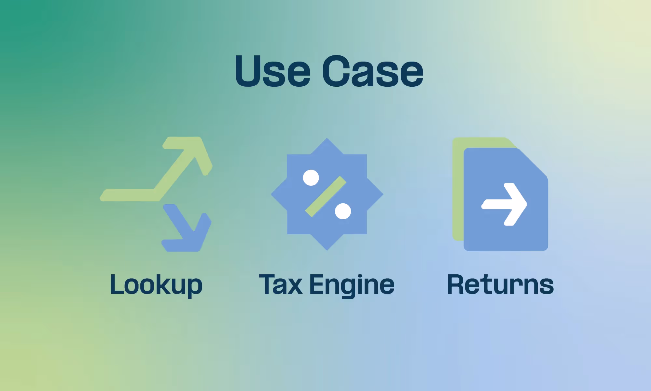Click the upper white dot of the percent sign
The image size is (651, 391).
(x=311, y=178)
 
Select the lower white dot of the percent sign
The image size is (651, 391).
(x=343, y=211)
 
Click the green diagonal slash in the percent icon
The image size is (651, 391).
(x=326, y=196)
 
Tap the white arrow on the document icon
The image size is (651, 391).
(x=505, y=204)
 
